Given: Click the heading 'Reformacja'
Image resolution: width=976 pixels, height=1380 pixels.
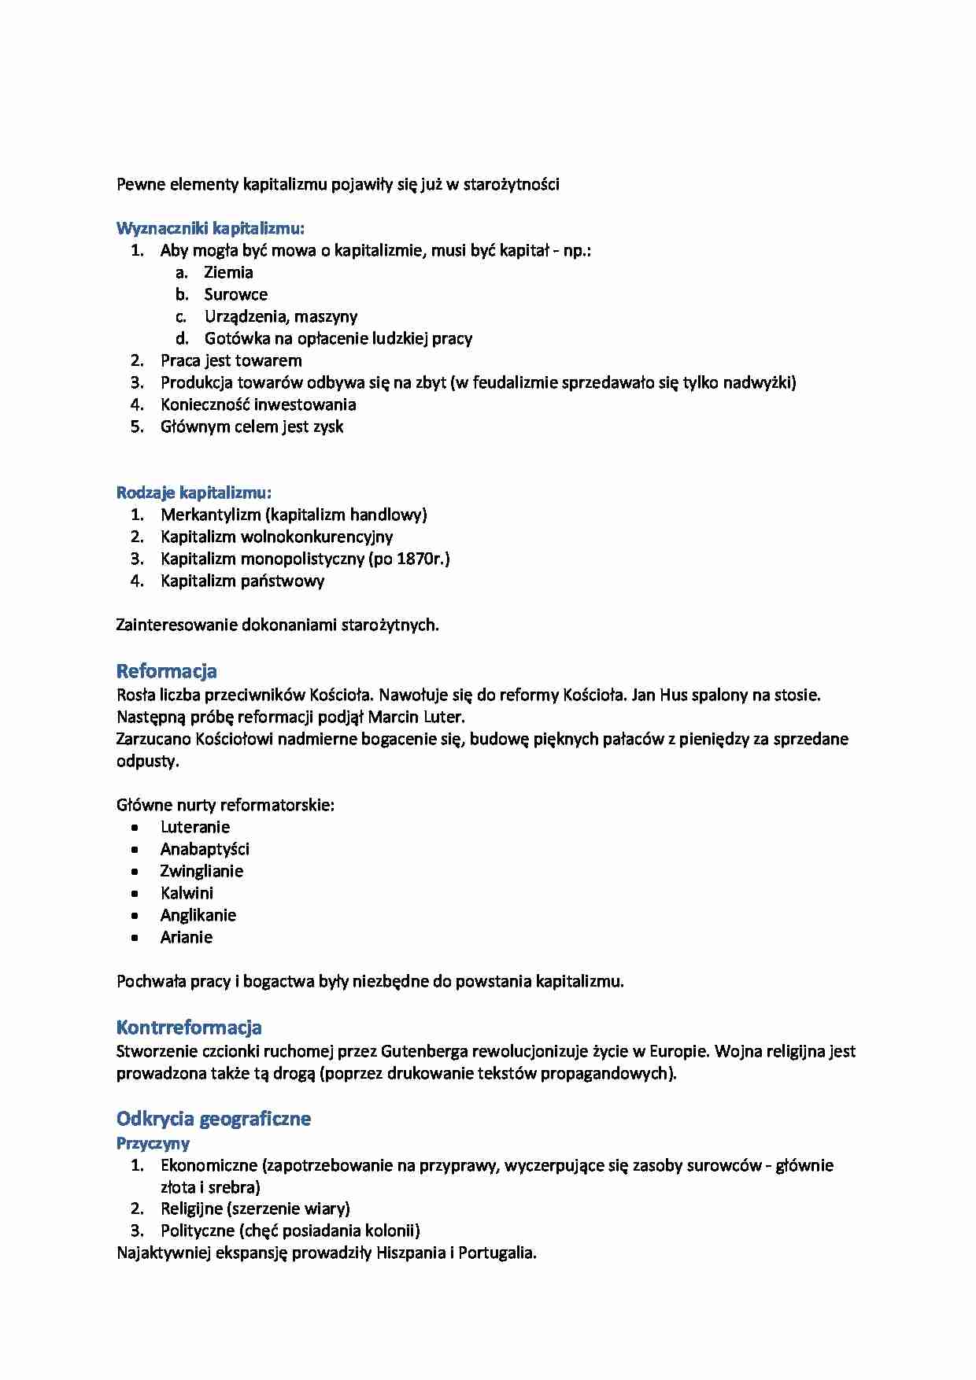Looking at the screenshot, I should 166,671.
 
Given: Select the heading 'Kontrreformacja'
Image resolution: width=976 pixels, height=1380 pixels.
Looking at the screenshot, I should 189,1028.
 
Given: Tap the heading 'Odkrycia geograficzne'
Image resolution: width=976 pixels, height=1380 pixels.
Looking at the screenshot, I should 213,1119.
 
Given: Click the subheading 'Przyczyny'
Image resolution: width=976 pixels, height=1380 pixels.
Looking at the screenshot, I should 153,1143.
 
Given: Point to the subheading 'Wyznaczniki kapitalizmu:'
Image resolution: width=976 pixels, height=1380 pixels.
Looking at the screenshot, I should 210,229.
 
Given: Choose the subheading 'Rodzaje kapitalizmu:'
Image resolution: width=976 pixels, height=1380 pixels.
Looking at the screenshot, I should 194,493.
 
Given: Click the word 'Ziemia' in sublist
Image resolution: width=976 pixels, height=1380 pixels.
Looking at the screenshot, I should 228,273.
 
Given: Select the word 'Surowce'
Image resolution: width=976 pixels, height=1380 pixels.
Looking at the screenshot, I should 235,295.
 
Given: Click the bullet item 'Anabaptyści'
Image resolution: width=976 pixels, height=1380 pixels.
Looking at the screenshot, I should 205,850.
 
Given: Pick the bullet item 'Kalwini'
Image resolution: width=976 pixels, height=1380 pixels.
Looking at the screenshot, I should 187,894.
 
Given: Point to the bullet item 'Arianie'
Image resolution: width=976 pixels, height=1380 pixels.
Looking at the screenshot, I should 186,938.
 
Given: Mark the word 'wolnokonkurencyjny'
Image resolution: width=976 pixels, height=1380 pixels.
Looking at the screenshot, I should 316,537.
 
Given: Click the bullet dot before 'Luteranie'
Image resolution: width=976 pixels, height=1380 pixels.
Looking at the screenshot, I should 135,828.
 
